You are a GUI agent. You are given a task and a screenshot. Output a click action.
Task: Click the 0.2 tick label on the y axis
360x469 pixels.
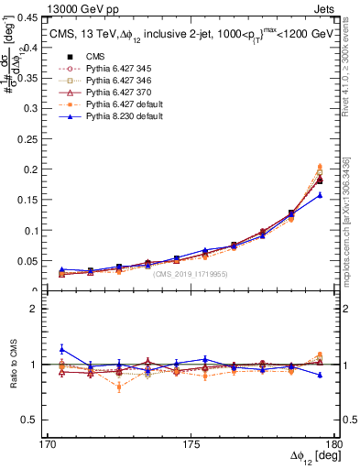(x=34, y=169)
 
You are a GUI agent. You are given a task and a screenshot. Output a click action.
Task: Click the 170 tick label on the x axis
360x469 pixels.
(x=48, y=443)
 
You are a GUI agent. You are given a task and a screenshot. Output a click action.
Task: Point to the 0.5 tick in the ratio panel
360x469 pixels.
(x=34, y=420)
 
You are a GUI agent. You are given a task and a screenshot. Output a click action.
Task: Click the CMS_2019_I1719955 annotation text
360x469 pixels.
(x=190, y=274)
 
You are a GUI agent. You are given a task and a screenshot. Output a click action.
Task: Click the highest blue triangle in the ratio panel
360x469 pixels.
(x=61, y=349)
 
